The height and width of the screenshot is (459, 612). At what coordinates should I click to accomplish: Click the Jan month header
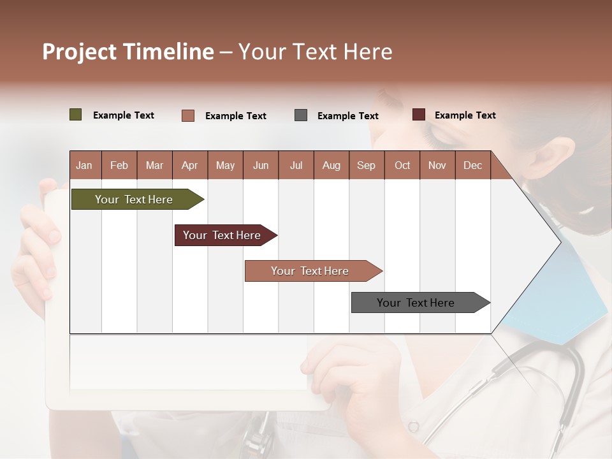[85, 165]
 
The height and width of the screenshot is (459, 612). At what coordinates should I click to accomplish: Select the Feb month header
[119, 165]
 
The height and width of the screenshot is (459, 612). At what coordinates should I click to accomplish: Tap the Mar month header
[154, 165]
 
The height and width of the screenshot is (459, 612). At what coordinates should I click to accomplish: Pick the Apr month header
[190, 165]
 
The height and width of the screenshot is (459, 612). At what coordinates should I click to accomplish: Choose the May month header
[225, 165]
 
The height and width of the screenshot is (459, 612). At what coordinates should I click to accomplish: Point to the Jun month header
[261, 165]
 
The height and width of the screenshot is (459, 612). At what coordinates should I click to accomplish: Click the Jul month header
[296, 165]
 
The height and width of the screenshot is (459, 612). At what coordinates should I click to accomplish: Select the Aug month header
[331, 165]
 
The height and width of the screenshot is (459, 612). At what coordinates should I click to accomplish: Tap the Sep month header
[367, 165]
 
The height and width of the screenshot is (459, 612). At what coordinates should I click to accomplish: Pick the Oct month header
[402, 165]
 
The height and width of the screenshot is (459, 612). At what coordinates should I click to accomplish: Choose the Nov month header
[437, 165]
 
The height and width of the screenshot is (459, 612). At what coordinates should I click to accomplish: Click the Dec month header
[473, 165]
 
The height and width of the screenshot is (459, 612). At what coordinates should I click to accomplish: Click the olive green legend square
[76, 115]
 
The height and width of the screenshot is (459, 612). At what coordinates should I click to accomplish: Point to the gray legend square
[301, 115]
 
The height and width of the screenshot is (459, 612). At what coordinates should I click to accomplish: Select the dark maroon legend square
[419, 115]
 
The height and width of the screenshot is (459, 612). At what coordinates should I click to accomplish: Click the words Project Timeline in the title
[128, 52]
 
